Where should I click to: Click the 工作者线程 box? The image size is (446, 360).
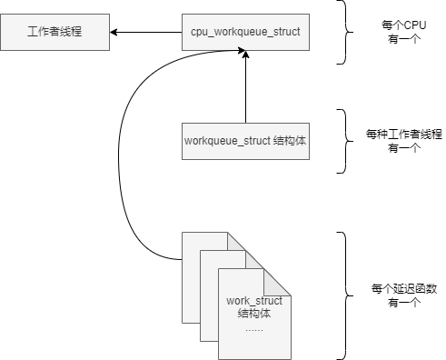[55, 32]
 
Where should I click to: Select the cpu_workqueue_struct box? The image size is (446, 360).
[245, 32]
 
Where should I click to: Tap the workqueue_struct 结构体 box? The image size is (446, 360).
[245, 141]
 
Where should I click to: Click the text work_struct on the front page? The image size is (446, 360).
[254, 301]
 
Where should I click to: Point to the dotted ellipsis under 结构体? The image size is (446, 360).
[254, 330]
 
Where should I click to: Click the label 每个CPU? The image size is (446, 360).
[404, 25]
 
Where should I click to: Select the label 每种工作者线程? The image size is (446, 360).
[404, 134]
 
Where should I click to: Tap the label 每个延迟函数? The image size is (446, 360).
[404, 288]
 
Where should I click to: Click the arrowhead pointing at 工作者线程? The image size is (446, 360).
[114, 32]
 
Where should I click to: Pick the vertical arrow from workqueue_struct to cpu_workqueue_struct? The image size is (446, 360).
[245, 87]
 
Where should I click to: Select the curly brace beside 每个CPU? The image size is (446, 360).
[345, 32]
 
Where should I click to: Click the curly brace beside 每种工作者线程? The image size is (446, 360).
[345, 141]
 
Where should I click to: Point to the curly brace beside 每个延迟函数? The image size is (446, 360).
[345, 295]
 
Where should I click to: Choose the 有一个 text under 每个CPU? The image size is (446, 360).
[404, 39]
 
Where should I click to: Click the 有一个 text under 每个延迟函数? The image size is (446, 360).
[404, 303]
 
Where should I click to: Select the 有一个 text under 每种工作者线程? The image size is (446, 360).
[404, 148]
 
